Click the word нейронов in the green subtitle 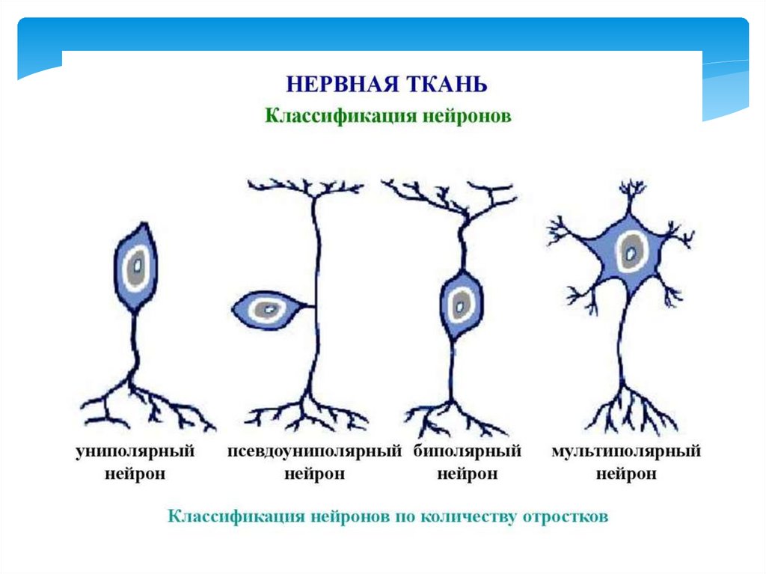tap(468, 117)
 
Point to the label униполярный tap(135, 451)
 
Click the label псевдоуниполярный tap(314, 451)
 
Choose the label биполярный tap(467, 451)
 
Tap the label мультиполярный tap(626, 451)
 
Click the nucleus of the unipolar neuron tap(137, 264)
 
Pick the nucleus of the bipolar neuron tap(460, 304)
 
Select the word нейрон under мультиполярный tap(626, 474)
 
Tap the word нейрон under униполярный tap(135, 474)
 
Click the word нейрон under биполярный tap(467, 474)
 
